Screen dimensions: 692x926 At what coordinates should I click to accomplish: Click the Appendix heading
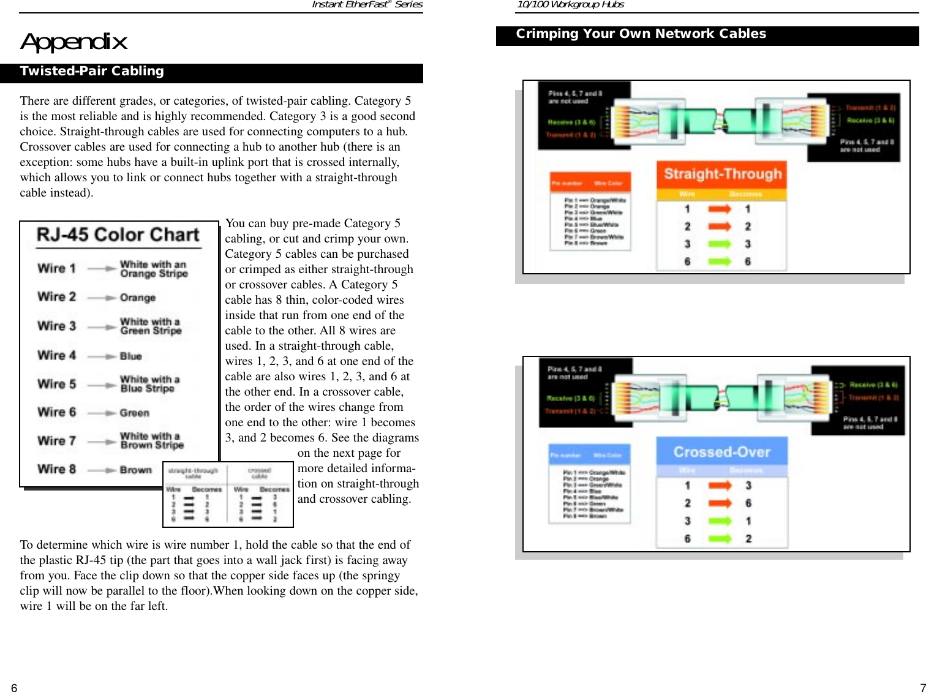(x=73, y=42)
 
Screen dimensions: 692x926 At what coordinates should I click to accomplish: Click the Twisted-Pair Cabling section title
(x=92, y=72)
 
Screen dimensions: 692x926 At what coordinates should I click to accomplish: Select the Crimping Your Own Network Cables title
(x=641, y=34)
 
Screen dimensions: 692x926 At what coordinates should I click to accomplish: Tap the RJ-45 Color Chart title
(x=118, y=235)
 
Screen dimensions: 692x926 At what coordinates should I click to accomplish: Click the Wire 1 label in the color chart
(x=56, y=268)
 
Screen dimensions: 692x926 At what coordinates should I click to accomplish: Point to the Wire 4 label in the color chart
(x=56, y=355)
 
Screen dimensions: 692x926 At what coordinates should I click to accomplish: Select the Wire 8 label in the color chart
(x=56, y=469)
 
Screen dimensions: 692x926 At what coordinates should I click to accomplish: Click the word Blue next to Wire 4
(x=131, y=356)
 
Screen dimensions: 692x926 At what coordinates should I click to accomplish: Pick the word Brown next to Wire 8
(x=136, y=470)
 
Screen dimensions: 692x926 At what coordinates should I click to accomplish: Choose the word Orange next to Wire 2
(x=138, y=298)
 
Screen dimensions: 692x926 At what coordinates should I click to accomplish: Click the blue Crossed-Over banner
(x=721, y=452)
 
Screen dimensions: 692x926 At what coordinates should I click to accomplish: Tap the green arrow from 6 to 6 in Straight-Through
(x=720, y=261)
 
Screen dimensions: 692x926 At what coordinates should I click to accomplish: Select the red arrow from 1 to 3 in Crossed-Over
(x=720, y=486)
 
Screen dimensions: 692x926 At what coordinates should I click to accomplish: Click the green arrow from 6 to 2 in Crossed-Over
(x=720, y=539)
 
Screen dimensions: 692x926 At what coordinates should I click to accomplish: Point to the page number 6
(x=14, y=688)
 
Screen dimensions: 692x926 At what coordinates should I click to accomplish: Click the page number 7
(x=922, y=688)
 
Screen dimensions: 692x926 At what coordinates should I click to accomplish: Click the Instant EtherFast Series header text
(x=367, y=5)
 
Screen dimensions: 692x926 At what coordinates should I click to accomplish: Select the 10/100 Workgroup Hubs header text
(x=570, y=5)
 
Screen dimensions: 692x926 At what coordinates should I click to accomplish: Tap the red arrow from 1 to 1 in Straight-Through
(x=720, y=209)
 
